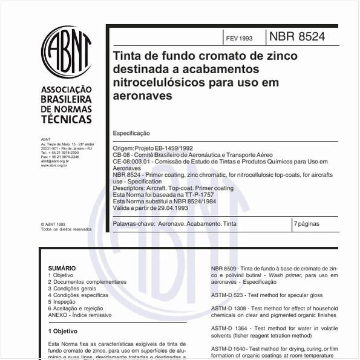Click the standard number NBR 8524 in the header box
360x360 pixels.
(x=297, y=37)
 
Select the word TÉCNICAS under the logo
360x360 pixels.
(x=66, y=119)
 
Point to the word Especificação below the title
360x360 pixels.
(x=131, y=133)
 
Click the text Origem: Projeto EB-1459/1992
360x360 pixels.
(x=152, y=148)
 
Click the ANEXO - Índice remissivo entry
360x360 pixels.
(x=80, y=315)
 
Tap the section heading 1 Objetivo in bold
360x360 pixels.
(x=63, y=332)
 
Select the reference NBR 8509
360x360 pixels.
(x=227, y=268)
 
